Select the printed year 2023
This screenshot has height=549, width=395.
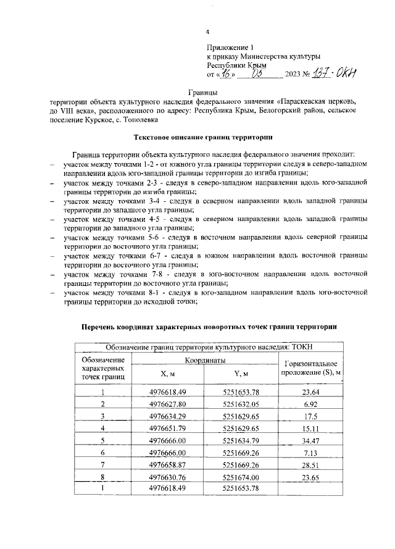click(293, 74)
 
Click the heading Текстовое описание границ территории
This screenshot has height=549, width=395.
click(201, 136)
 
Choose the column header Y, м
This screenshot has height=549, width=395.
click(241, 374)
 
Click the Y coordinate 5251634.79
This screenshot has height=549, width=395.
click(241, 440)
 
